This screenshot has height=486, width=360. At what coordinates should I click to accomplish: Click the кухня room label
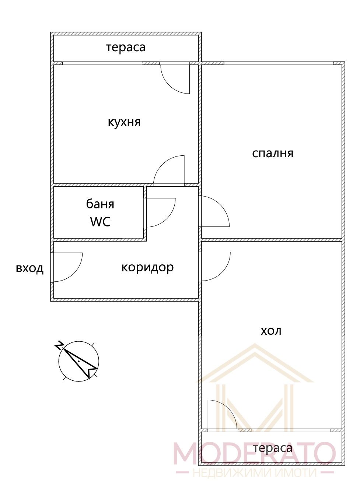[x=124, y=123]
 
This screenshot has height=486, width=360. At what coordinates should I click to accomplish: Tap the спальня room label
[x=273, y=154]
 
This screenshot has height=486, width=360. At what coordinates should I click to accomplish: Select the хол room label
[x=271, y=331]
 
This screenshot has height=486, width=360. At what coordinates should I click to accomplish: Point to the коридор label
[x=148, y=268]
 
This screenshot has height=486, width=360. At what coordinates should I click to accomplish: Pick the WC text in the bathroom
[x=100, y=221]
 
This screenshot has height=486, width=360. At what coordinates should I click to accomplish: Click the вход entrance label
[x=29, y=268]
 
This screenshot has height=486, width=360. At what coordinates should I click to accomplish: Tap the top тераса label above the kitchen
[x=126, y=47]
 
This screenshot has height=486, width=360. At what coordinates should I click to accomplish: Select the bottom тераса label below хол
[x=273, y=448]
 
